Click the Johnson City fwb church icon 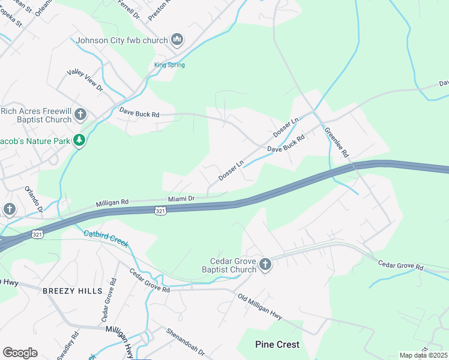[x=176, y=40]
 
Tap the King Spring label [x=169, y=65]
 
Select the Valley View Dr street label [x=85, y=80]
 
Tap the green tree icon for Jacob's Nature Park [x=79, y=140]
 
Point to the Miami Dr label [x=181, y=199]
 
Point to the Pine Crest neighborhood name [x=277, y=344]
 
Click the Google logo [x=20, y=353]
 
